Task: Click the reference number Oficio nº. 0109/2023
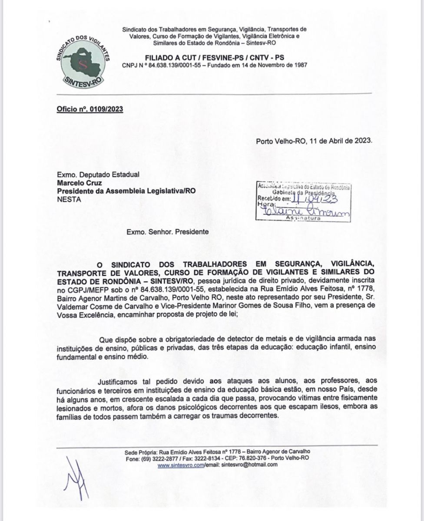click(x=89, y=109)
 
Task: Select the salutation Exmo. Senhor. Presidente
click(x=167, y=232)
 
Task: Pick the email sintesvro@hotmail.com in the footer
click(x=249, y=465)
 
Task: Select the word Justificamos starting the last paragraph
click(x=119, y=382)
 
